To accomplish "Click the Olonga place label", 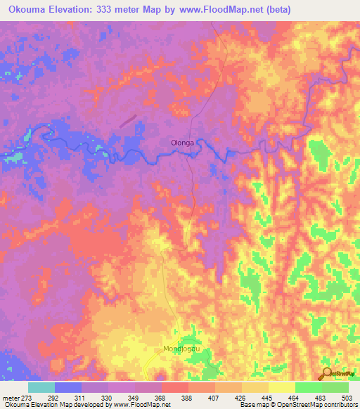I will coord(181,143).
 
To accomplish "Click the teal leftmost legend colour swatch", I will coord(41,387).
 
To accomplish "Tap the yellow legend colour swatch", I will coord(281,387).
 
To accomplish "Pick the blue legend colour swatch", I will coord(67,387).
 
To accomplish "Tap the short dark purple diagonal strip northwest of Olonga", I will coord(128,120).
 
